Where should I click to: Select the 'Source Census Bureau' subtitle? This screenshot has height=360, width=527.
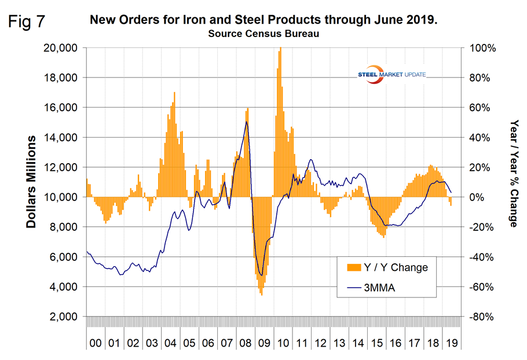263,34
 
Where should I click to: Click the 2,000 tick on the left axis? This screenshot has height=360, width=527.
64,317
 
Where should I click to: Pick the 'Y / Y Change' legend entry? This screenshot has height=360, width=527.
393,267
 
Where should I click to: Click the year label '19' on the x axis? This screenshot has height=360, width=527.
450,343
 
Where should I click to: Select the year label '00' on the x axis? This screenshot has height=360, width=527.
96,343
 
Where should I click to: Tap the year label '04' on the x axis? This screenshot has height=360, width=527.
170,343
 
